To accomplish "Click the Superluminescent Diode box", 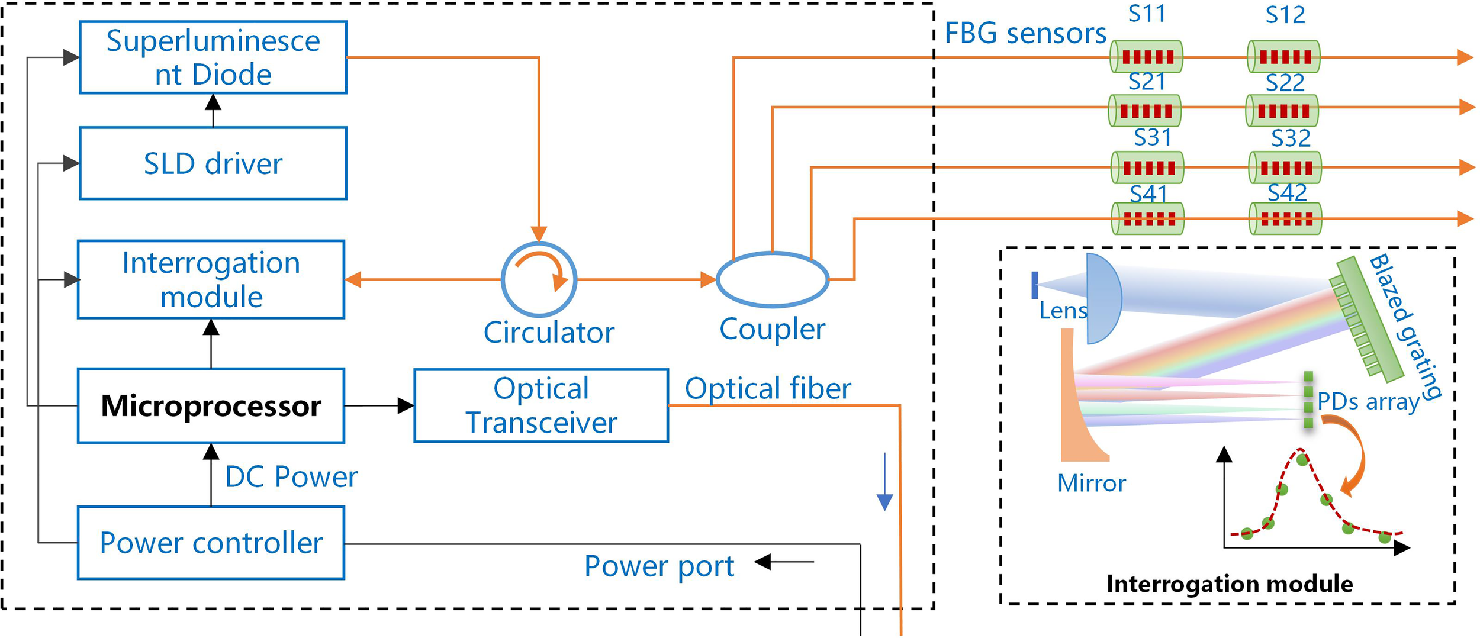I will coord(213,57).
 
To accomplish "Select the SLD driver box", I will coord(213,163).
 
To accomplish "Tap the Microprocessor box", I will coord(211,406).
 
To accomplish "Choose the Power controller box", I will coord(211,543).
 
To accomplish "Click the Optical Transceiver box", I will coord(541,406).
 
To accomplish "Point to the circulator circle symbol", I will coord(539,279).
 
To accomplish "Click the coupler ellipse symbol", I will coord(773,279).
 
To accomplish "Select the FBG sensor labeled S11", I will coord(1147,57).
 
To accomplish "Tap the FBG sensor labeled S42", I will coord(1285,219).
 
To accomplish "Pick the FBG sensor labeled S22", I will coord(1282,111).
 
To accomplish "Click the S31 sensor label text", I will coord(1153,137).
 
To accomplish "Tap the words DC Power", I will coord(291,477).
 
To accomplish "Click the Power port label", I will coord(659,566).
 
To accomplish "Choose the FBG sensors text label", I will coord(1025,33).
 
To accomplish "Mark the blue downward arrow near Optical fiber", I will coord(884,482).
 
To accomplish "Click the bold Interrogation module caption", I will coord(1229,584).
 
